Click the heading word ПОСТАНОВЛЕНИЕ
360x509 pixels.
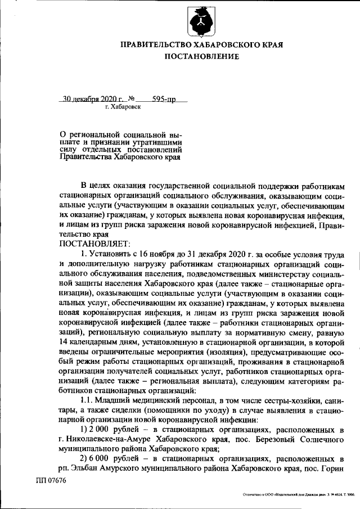(202, 57)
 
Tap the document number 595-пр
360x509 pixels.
(164, 99)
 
